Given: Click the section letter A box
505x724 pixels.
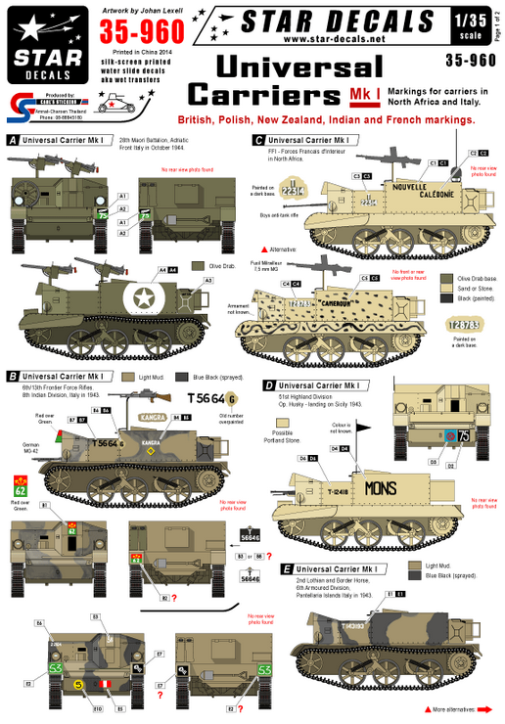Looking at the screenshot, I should (x=13, y=140).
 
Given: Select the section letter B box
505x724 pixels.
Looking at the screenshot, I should (x=13, y=376).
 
